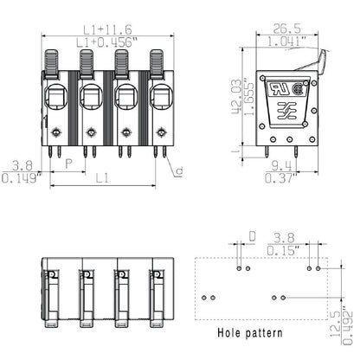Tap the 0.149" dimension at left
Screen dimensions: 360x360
(x=18, y=177)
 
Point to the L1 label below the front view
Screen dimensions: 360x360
(x=102, y=177)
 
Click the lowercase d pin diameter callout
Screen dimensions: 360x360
(x=178, y=170)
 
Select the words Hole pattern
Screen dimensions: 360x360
(x=248, y=331)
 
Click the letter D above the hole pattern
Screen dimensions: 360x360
(x=252, y=235)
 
